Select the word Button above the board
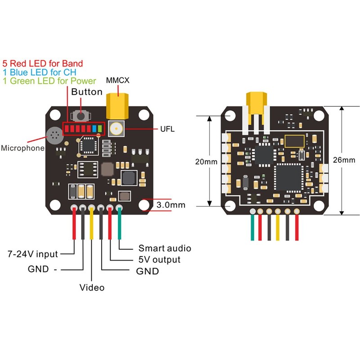[x=87, y=93]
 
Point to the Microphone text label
[x=22, y=148]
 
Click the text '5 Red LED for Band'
[x=43, y=64]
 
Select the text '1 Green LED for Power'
[x=49, y=81]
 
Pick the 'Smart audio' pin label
[x=165, y=248]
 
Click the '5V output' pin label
[x=159, y=260]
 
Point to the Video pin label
[x=92, y=287]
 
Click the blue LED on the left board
[x=94, y=130]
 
